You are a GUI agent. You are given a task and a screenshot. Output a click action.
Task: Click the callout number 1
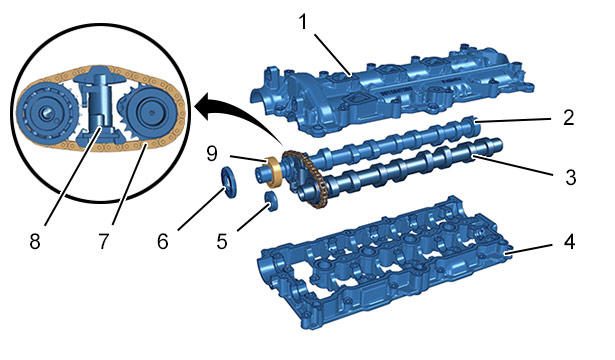303,22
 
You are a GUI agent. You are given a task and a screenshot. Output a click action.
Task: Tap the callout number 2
569,117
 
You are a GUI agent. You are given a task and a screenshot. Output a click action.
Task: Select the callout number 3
571,177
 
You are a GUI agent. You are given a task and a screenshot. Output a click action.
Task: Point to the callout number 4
570,242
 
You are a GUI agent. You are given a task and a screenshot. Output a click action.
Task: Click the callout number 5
222,242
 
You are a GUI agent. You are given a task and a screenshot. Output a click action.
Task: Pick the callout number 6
163,242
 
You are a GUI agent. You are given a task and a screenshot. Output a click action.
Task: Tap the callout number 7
103,242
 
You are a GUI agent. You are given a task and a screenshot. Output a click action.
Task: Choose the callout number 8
35,242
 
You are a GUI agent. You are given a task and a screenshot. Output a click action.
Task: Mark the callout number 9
212,154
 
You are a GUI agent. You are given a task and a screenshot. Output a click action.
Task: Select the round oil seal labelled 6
229,182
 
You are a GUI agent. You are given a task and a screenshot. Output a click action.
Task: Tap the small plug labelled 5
271,201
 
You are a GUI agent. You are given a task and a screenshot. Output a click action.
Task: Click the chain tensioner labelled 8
98,106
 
